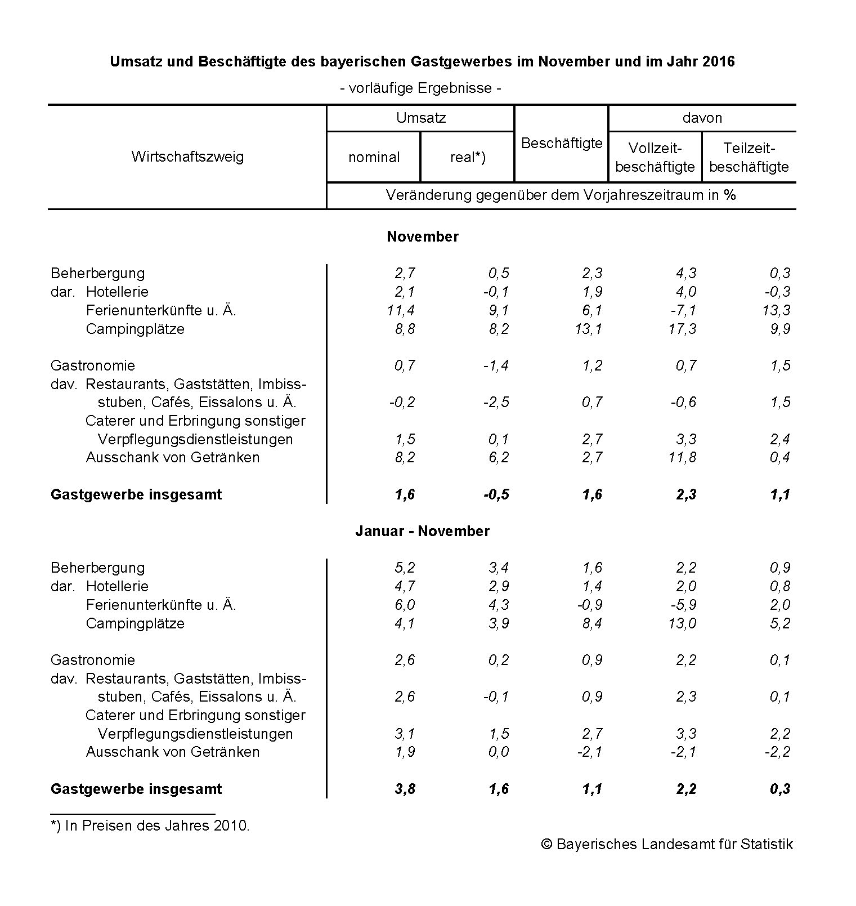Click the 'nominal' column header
[x=374, y=158]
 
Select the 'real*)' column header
[x=468, y=158]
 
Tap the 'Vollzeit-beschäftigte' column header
[x=655, y=158]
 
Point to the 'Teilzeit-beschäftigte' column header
[x=749, y=158]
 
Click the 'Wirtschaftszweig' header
[x=187, y=157]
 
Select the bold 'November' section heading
[x=422, y=236]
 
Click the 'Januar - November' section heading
[x=422, y=531]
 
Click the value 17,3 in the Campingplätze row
[x=682, y=329]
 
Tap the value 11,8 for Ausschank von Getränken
[x=682, y=457]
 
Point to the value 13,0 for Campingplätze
[x=682, y=623]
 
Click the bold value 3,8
[x=405, y=789]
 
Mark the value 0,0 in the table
[x=499, y=752]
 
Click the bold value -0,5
[x=496, y=494]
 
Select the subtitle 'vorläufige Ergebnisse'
[x=420, y=88]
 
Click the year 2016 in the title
[x=718, y=61]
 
